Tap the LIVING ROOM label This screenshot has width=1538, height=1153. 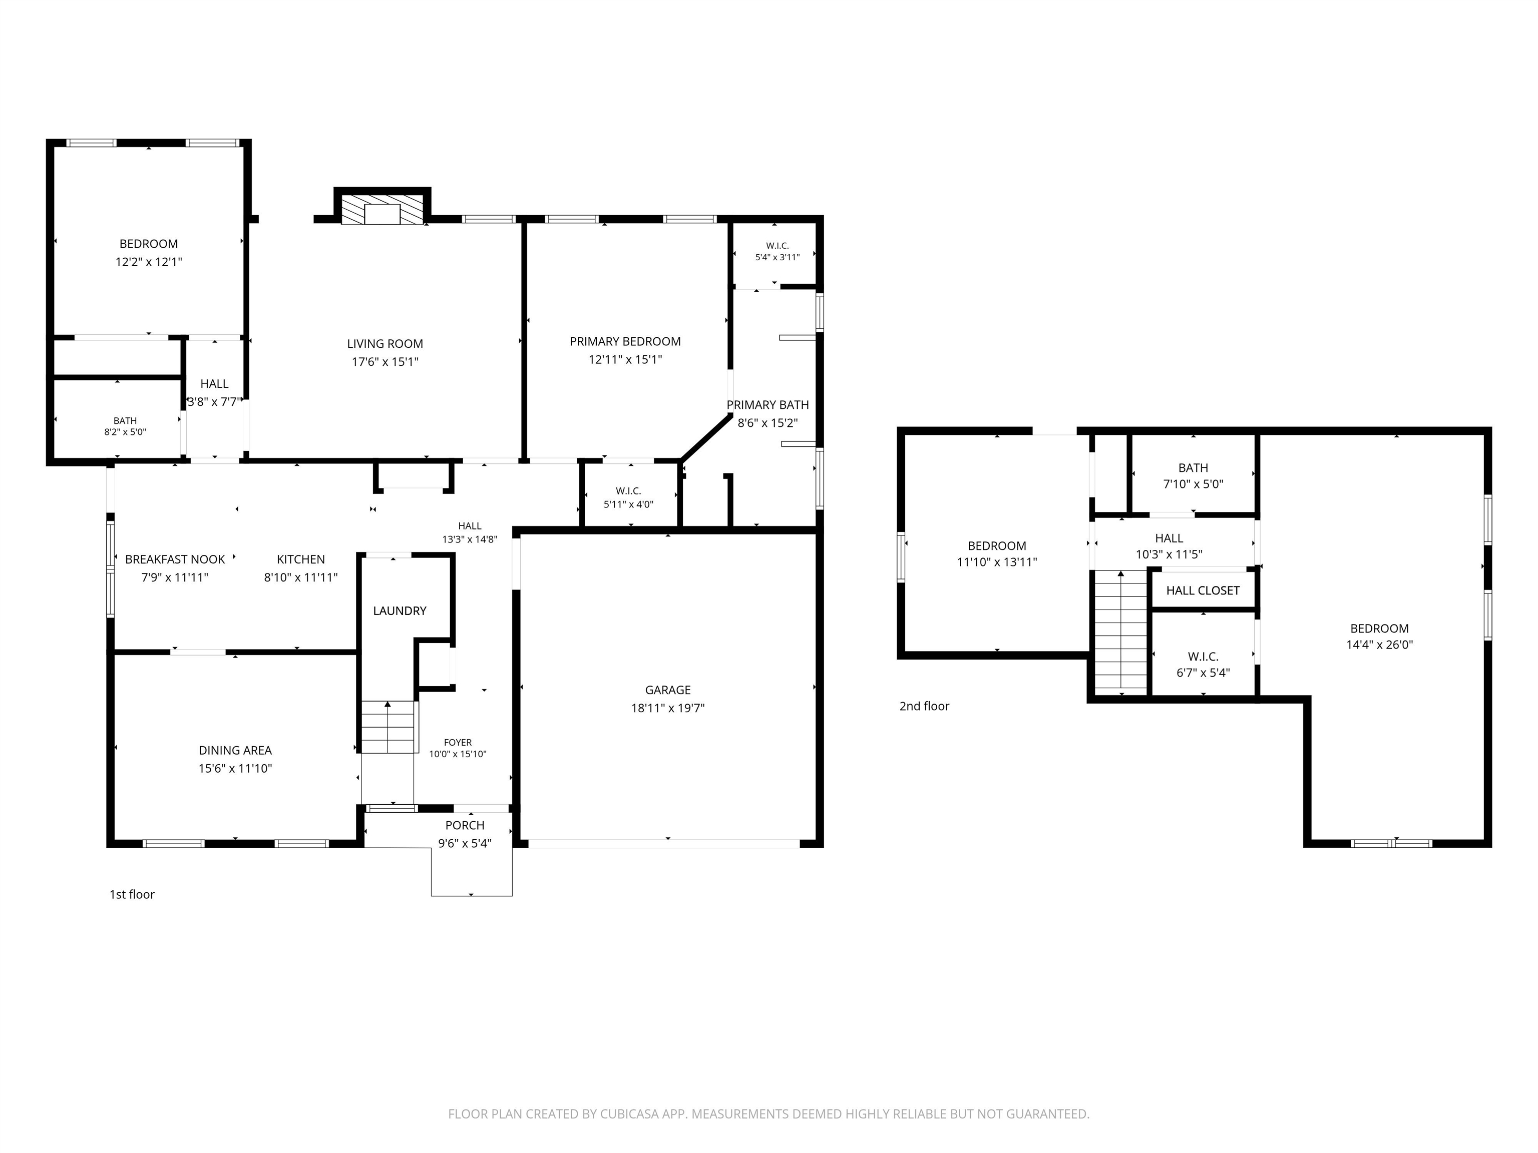(x=385, y=344)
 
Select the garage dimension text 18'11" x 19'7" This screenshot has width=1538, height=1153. (x=667, y=708)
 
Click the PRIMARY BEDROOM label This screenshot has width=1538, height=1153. (x=625, y=341)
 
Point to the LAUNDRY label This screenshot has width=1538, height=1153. (x=400, y=611)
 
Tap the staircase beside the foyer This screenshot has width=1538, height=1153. (x=389, y=727)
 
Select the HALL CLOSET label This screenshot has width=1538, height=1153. (x=1203, y=591)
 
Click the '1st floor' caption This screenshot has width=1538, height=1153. (x=132, y=894)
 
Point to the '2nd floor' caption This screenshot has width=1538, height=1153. (x=924, y=706)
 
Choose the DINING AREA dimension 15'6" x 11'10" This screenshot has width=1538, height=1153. (x=235, y=769)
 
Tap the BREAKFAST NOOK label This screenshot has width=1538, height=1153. (x=175, y=559)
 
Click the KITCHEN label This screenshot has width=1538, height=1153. (x=301, y=559)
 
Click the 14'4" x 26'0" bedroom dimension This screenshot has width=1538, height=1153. (x=1379, y=645)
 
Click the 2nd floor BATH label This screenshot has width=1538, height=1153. (x=1193, y=468)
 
